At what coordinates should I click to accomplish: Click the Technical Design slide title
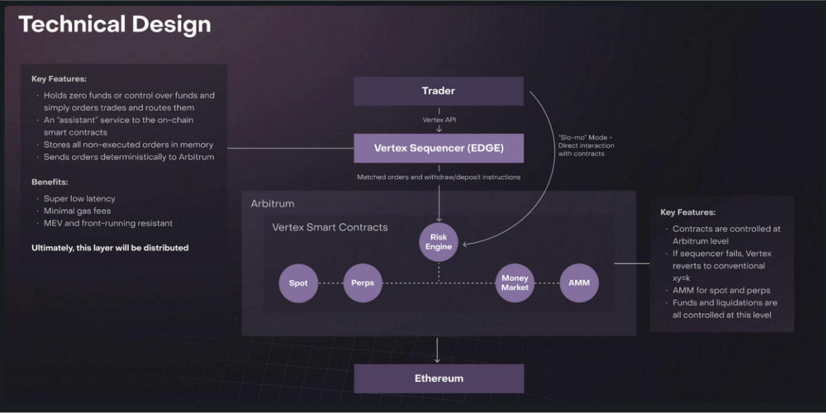point(115,24)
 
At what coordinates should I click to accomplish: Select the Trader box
point(438,91)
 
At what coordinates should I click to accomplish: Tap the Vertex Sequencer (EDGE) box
point(438,148)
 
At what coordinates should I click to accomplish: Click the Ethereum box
point(438,379)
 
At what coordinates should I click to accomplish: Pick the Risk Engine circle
point(438,242)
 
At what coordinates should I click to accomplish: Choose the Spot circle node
point(298,283)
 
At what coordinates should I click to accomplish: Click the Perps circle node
point(363,283)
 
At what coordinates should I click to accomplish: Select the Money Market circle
point(515,283)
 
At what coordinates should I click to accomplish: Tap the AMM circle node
point(579,283)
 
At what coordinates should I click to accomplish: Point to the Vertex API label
point(438,120)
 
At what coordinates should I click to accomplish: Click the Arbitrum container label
point(272,204)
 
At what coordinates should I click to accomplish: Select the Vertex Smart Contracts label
point(330,227)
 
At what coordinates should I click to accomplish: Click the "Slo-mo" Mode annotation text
point(586,145)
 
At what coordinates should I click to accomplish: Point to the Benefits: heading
point(50,182)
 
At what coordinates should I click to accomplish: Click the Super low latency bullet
point(79,198)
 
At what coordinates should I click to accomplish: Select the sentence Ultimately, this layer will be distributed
point(110,248)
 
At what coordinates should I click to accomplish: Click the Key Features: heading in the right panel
point(688,212)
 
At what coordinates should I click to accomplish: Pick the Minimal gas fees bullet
point(77,211)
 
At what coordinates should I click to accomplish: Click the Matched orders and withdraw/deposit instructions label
point(438,177)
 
